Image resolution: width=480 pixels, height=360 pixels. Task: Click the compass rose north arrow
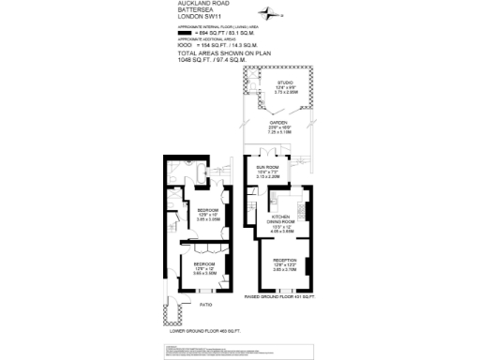pyautogui.click(x=272, y=14)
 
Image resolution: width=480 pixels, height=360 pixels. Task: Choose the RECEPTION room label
pyautogui.click(x=285, y=259)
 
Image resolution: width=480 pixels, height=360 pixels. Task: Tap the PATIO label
pyautogui.click(x=204, y=305)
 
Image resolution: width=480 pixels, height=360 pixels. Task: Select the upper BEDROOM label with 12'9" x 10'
pyautogui.click(x=207, y=210)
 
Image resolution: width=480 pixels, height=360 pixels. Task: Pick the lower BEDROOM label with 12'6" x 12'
pyautogui.click(x=204, y=264)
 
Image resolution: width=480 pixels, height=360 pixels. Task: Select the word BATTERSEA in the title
pyautogui.click(x=194, y=9)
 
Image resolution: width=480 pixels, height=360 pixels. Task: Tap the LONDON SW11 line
pyautogui.click(x=197, y=17)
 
